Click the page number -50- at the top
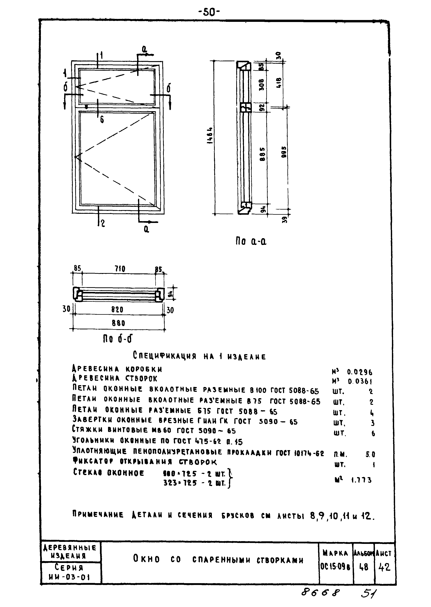pyautogui.click(x=209, y=12)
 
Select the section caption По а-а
pyautogui.click(x=251, y=241)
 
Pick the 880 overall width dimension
pyautogui.click(x=118, y=323)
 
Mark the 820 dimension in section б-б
pyautogui.click(x=117, y=310)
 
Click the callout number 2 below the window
pyautogui.click(x=103, y=223)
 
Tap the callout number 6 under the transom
pyautogui.click(x=102, y=120)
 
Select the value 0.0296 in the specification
pyautogui.click(x=360, y=372)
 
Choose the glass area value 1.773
pyautogui.click(x=361, y=480)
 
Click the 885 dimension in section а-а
pyautogui.click(x=262, y=154)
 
